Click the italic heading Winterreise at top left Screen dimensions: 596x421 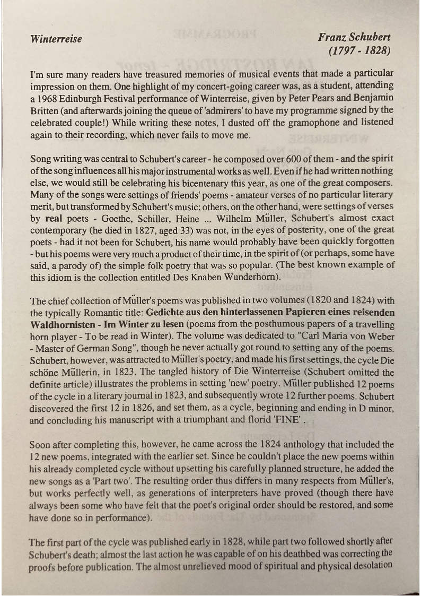click(56, 39)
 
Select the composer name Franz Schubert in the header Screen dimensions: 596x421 click(354, 37)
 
